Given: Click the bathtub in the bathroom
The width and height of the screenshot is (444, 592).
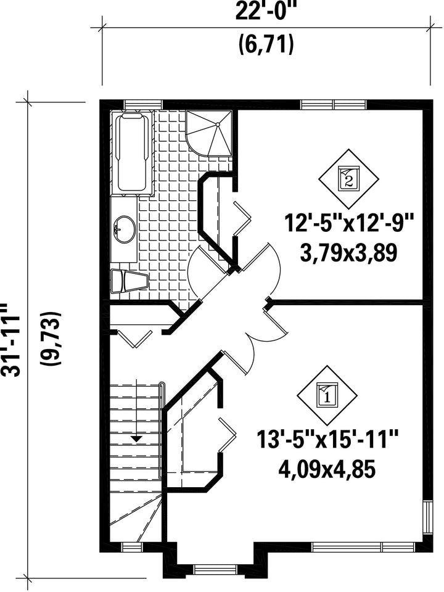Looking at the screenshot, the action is pyautogui.click(x=132, y=153).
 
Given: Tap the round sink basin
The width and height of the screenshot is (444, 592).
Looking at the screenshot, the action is pyautogui.click(x=124, y=229).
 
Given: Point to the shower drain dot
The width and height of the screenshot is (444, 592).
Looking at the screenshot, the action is pyautogui.click(x=218, y=124).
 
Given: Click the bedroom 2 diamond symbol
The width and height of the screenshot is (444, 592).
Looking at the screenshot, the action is pyautogui.click(x=348, y=178).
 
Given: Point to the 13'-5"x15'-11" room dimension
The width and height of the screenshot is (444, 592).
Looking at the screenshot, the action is pyautogui.click(x=327, y=440).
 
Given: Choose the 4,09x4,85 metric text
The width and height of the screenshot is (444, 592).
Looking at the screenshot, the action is pyautogui.click(x=327, y=469).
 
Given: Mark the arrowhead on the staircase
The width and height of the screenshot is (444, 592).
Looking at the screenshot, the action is pyautogui.click(x=136, y=438).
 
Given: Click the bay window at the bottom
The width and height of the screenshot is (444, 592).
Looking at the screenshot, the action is pyautogui.click(x=214, y=569).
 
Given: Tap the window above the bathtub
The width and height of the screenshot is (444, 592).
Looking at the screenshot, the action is pyautogui.click(x=144, y=104).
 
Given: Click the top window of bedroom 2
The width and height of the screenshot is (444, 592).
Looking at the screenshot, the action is pyautogui.click(x=334, y=104).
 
